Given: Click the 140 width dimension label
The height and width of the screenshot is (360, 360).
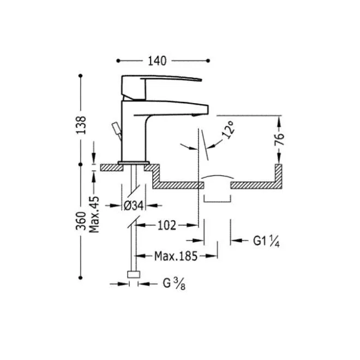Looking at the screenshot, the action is coord(157,61).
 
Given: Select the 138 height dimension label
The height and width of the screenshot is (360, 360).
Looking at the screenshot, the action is coord(81,125).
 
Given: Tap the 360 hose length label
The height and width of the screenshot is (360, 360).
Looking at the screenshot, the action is coord(81,221).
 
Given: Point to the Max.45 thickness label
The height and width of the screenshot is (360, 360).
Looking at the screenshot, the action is coord(94,214).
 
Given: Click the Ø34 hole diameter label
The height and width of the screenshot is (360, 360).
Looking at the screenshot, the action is coord(134,206).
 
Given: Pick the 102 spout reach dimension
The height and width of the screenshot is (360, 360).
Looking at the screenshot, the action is coord(167,225).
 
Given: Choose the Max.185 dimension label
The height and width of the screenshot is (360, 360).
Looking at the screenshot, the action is coord(176,256).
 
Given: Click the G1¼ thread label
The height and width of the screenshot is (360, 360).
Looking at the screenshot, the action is coord(266,241).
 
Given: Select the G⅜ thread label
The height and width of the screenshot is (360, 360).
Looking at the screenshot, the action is coord(174,284).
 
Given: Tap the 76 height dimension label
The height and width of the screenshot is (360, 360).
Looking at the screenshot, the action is coord(279,139).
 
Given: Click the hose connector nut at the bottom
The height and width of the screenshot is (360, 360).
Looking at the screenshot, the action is coord(134,274).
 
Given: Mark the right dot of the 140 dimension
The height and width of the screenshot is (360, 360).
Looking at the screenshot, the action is coord(208,61).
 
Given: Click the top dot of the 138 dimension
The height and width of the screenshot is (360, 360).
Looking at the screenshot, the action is coord(80,75).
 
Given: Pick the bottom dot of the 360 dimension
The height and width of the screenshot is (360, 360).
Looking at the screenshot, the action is coord(80,278).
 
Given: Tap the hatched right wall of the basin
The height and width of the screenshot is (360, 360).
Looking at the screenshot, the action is coord(279,176).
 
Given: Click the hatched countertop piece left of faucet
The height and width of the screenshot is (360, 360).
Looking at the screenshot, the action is coord(112,167).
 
